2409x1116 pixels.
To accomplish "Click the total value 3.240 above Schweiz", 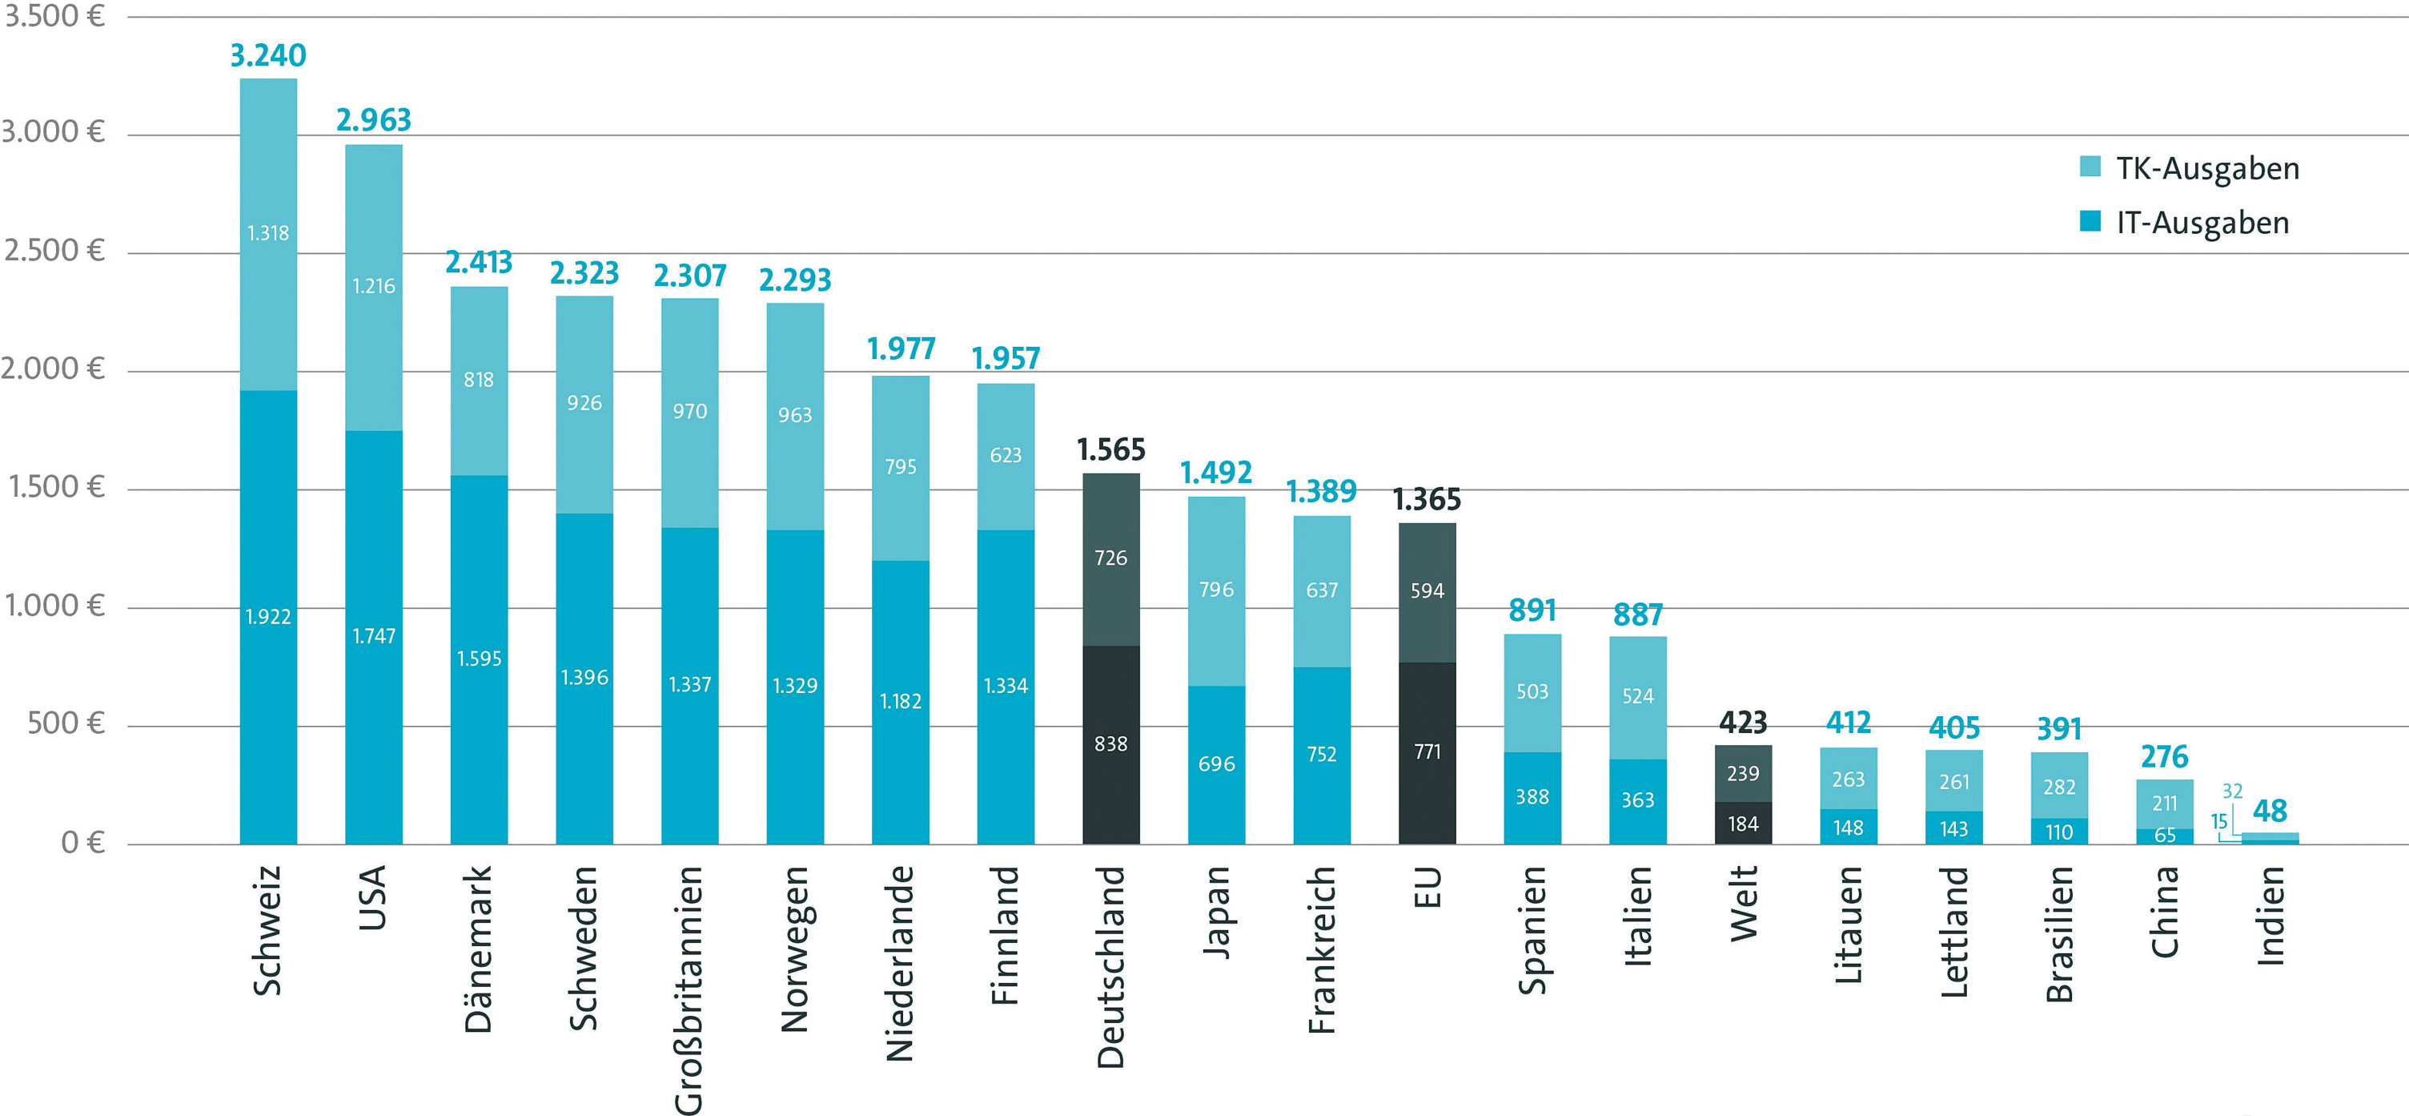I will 267,55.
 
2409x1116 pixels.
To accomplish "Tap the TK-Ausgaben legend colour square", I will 2090,167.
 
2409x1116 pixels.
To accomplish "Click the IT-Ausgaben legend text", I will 2202,223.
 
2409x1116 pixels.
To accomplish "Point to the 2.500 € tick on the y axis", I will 54,251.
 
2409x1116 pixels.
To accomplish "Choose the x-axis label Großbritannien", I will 689,989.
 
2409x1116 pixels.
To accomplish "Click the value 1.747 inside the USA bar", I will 373,636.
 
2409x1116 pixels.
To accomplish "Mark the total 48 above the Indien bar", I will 2270,810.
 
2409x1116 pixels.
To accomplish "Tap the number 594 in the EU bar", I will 1427,590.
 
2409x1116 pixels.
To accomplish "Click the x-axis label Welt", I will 1743,903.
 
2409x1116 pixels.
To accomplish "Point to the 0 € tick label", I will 82,843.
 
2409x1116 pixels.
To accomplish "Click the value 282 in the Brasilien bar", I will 2059,787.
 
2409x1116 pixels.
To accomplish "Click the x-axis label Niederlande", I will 900,964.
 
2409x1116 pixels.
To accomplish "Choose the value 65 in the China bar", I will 2165,835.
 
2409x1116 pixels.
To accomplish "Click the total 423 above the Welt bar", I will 1742,722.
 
